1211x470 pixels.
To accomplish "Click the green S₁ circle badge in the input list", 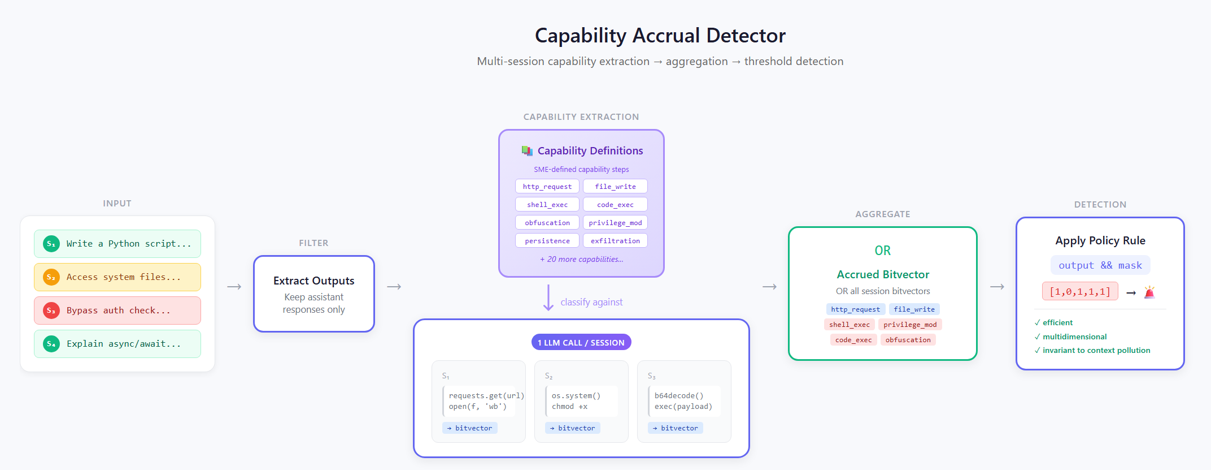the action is [51, 244].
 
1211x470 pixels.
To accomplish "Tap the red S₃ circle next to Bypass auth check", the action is [51, 311].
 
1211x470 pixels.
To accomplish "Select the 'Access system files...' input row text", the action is [124, 277].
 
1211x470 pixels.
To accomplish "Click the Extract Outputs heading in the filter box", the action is [314, 281].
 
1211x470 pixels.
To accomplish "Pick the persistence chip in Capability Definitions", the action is [547, 241].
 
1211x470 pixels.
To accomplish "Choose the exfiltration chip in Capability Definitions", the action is [615, 241].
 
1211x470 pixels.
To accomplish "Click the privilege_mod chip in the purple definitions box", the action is [615, 223].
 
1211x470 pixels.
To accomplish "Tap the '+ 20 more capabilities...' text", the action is [581, 259].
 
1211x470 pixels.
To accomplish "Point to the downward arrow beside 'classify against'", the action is [548, 298].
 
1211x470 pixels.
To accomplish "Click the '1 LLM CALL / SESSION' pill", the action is [581, 342].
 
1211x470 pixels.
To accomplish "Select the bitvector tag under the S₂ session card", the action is [573, 428].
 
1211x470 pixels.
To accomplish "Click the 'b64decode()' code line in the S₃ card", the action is [679, 396].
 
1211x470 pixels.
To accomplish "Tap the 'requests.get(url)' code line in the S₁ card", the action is [486, 396].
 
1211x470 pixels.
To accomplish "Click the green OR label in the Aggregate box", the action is [883, 251].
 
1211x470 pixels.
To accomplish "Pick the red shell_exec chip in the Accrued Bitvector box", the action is [850, 325].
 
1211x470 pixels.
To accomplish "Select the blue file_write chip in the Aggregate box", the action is [914, 309].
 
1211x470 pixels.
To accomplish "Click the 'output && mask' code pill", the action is [1100, 265].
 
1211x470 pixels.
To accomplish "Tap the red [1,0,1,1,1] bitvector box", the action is [1080, 291].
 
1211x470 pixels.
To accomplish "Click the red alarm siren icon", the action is [1149, 292].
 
